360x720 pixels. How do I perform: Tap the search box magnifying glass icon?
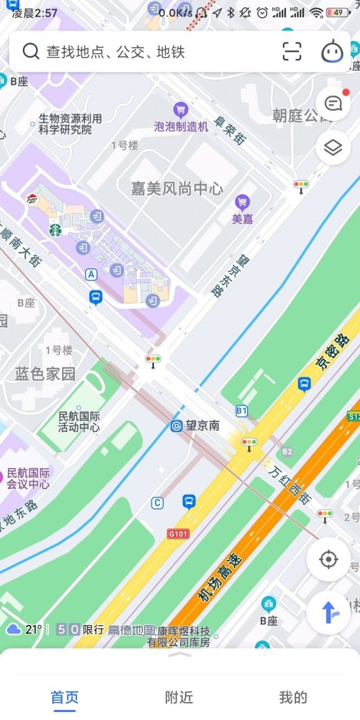coord(30,51)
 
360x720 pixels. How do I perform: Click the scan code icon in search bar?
coord(292,52)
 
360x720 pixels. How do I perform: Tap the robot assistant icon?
coord(332,52)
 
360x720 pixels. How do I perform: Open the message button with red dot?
coord(333,102)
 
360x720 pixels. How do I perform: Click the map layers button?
coord(333,148)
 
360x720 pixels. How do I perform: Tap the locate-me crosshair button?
coord(328,559)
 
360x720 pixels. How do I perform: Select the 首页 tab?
coord(65,697)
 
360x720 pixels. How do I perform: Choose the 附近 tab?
coord(179,697)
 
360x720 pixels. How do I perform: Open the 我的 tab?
coord(293,697)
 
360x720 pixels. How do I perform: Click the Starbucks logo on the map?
coord(55,230)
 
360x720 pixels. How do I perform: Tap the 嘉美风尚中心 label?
coord(177,188)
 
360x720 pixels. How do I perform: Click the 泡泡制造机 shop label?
coord(181,126)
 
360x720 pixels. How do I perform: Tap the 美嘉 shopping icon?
coord(242,202)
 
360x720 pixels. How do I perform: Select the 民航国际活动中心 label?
coord(79,421)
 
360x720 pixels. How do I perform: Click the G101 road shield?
coord(178,533)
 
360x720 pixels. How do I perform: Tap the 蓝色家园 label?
coord(45,373)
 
